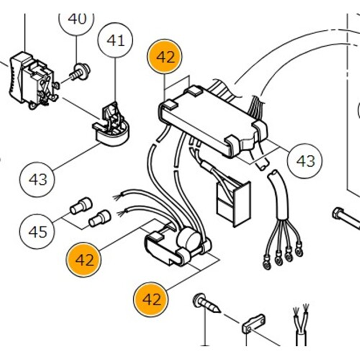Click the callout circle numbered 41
click(115, 40)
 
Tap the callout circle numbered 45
click(37, 231)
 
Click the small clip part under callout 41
click(112, 115)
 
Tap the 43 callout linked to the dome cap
click(37, 179)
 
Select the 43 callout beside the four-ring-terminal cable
click(306, 161)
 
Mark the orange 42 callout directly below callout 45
click(85, 260)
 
